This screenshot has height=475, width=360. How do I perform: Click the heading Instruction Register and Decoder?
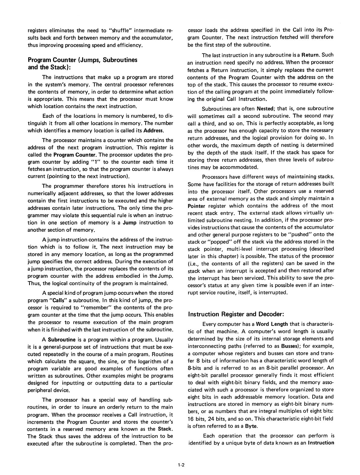236,314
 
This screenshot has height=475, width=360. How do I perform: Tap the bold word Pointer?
197,206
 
